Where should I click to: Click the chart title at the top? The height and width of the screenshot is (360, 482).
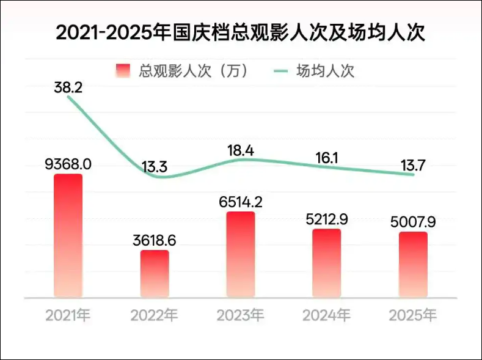click(x=240, y=32)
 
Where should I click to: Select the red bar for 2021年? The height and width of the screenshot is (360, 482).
click(x=68, y=236)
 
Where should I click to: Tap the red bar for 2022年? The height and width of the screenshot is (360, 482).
click(x=155, y=274)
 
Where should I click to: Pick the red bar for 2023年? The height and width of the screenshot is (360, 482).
click(x=241, y=254)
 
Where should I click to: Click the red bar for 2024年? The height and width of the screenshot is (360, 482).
click(x=327, y=263)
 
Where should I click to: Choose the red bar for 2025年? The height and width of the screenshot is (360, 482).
click(x=413, y=265)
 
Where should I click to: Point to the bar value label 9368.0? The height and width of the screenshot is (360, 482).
click(x=68, y=164)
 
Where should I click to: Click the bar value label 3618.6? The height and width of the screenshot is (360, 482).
click(x=155, y=240)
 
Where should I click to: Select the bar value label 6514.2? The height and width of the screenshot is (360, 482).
click(x=241, y=202)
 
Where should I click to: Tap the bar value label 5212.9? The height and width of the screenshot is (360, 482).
click(x=327, y=219)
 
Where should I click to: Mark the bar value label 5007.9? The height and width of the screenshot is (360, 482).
click(x=413, y=222)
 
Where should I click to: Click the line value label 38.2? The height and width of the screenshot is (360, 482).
click(x=68, y=88)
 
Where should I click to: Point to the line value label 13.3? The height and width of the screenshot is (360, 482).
click(x=155, y=167)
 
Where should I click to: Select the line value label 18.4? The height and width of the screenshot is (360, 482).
click(x=241, y=150)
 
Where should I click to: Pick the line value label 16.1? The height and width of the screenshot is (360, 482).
click(x=327, y=158)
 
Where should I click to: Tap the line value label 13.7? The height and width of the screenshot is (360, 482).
click(x=413, y=166)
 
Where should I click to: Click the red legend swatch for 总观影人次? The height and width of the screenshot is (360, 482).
click(x=123, y=71)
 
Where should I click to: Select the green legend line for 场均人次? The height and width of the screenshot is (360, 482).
click(x=281, y=72)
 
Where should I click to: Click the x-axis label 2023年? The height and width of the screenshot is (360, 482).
click(x=240, y=315)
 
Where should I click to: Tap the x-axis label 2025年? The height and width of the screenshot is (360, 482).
click(x=413, y=315)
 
